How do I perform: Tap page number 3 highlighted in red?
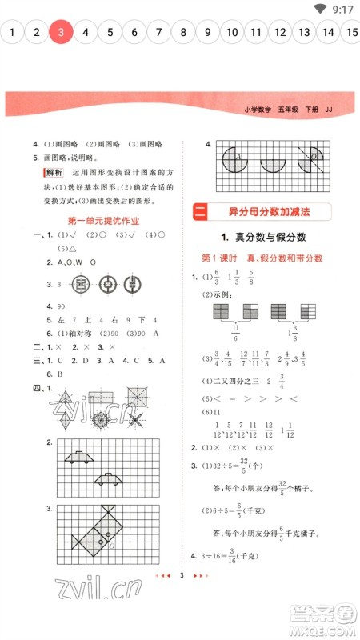61,33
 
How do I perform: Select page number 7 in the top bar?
158,33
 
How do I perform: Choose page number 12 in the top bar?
280,33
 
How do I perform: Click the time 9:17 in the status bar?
342,9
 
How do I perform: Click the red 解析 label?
54,172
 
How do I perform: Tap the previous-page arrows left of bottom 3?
166,598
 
